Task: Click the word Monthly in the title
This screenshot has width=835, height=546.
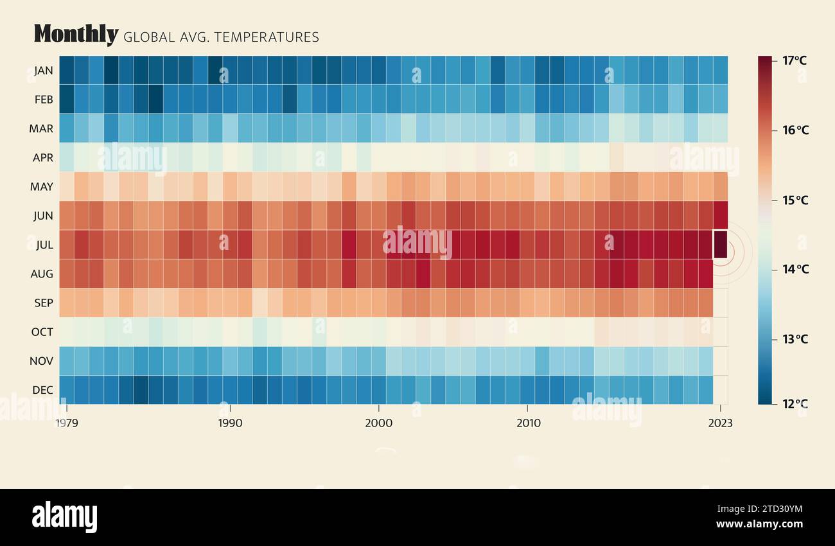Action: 76,34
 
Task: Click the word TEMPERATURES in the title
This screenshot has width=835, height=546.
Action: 267,37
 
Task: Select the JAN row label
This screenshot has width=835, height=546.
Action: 44,71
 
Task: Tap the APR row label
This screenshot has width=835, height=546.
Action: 43,157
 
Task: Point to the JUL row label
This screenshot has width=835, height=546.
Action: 44,245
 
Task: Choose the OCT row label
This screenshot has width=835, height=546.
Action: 42,332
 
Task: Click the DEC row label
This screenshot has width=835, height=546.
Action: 43,390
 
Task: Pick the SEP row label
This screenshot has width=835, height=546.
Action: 43,303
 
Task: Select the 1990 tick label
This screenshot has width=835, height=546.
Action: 230,423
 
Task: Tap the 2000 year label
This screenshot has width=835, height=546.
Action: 379,423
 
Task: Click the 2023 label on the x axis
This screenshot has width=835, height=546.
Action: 720,423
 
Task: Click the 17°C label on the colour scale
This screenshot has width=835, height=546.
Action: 795,61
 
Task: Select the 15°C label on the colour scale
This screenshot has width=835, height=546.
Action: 795,200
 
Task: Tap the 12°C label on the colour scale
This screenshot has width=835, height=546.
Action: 795,404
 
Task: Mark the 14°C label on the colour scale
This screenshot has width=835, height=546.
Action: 795,269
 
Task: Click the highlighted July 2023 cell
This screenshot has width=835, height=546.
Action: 720,245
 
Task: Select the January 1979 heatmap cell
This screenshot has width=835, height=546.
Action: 67,70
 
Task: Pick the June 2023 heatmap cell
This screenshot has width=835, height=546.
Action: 720,215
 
